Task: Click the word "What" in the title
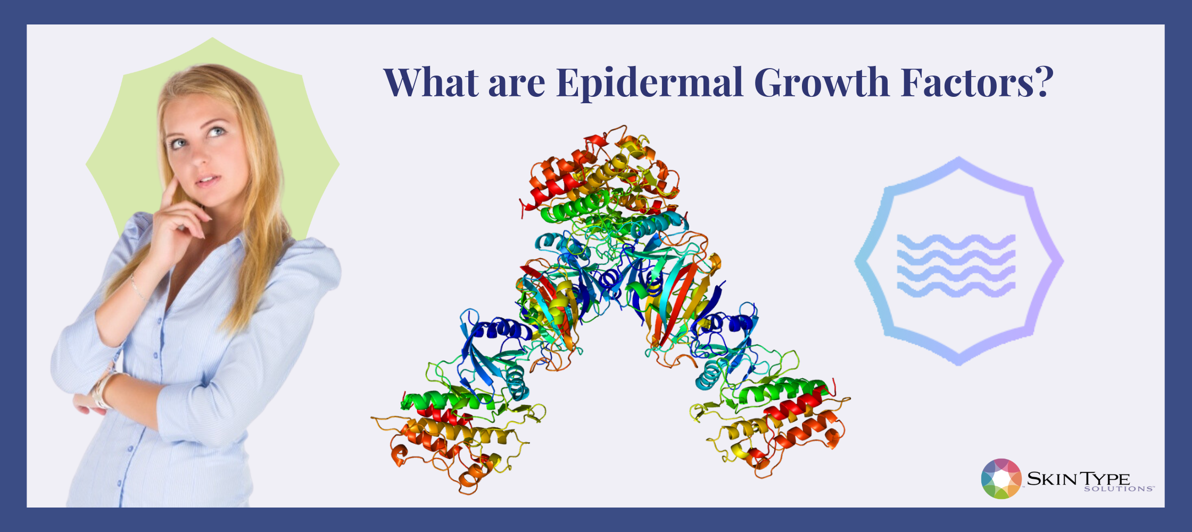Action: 431,82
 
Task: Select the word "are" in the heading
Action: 517,86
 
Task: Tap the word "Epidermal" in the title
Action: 649,84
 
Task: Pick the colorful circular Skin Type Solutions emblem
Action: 1001,479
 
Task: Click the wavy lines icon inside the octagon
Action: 956,265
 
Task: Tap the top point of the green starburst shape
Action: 213,37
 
